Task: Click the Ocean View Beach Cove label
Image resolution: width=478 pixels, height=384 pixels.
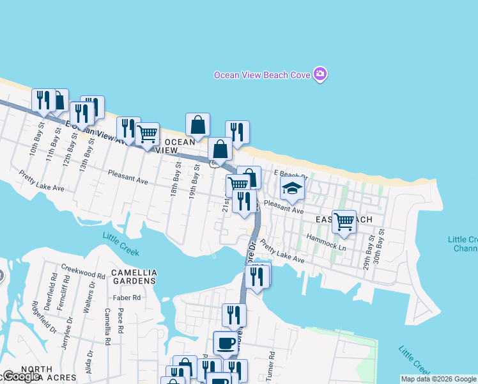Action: pyautogui.click(x=261, y=75)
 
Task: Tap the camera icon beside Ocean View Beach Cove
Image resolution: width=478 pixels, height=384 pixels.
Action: pyautogui.click(x=320, y=74)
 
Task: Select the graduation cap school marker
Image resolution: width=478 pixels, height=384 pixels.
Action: pyautogui.click(x=292, y=189)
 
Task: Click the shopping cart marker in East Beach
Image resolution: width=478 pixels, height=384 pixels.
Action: pyautogui.click(x=344, y=221)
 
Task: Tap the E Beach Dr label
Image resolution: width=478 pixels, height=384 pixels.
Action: pyautogui.click(x=291, y=173)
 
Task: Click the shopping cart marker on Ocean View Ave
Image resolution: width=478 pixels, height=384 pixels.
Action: pyautogui.click(x=147, y=134)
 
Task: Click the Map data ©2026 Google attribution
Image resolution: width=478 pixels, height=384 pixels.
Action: pyautogui.click(x=438, y=379)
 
